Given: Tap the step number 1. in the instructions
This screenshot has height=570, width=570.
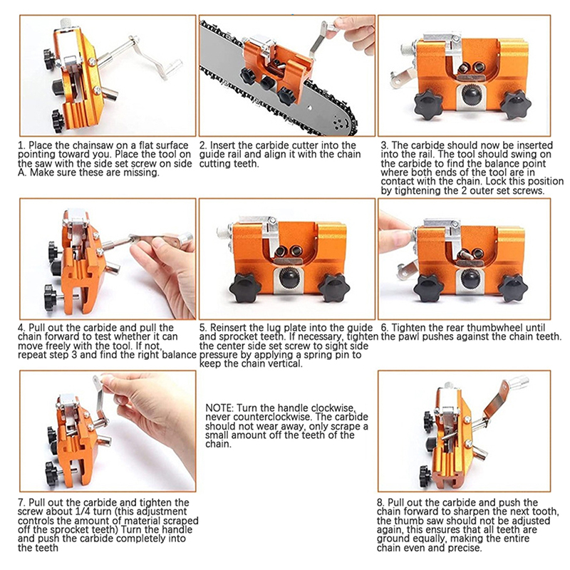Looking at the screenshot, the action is coord(21,145).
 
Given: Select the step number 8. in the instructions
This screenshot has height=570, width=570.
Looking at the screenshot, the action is coord(380,503).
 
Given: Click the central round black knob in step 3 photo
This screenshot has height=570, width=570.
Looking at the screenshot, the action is coord(472,95).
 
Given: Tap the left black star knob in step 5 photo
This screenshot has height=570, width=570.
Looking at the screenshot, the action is coord(246,289).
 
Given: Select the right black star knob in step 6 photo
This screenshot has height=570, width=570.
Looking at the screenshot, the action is coord(513,288).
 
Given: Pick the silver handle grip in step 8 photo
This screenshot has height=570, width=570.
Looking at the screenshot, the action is coord(516,383).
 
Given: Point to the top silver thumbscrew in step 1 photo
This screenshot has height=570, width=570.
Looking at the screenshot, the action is coord(66,24).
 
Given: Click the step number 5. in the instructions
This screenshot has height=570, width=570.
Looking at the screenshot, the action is coord(203,328).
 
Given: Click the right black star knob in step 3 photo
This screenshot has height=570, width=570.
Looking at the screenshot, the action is coord(516,105).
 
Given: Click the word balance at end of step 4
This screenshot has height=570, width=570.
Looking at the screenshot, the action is coord(180,354).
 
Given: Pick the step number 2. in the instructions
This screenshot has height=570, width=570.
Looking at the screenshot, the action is coord(203,145).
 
